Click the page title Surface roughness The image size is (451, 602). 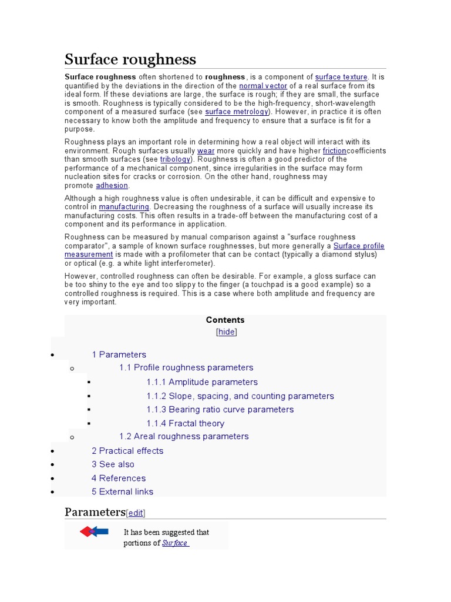130,59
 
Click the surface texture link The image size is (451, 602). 341,77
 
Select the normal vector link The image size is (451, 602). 263,86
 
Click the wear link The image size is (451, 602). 206,150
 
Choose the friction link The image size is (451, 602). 334,150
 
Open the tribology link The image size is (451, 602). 175,159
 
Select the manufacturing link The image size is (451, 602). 124,207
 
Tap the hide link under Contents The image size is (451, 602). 226,332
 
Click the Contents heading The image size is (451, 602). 225,320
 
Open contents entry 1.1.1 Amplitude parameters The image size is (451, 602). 201,382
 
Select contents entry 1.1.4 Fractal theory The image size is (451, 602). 185,423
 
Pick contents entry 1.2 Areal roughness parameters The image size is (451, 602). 183,436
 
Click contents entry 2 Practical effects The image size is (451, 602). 127,451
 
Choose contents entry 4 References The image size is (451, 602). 118,478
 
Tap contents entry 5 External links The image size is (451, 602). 122,491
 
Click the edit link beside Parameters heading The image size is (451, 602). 136,513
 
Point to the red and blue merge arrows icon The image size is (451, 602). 94,532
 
